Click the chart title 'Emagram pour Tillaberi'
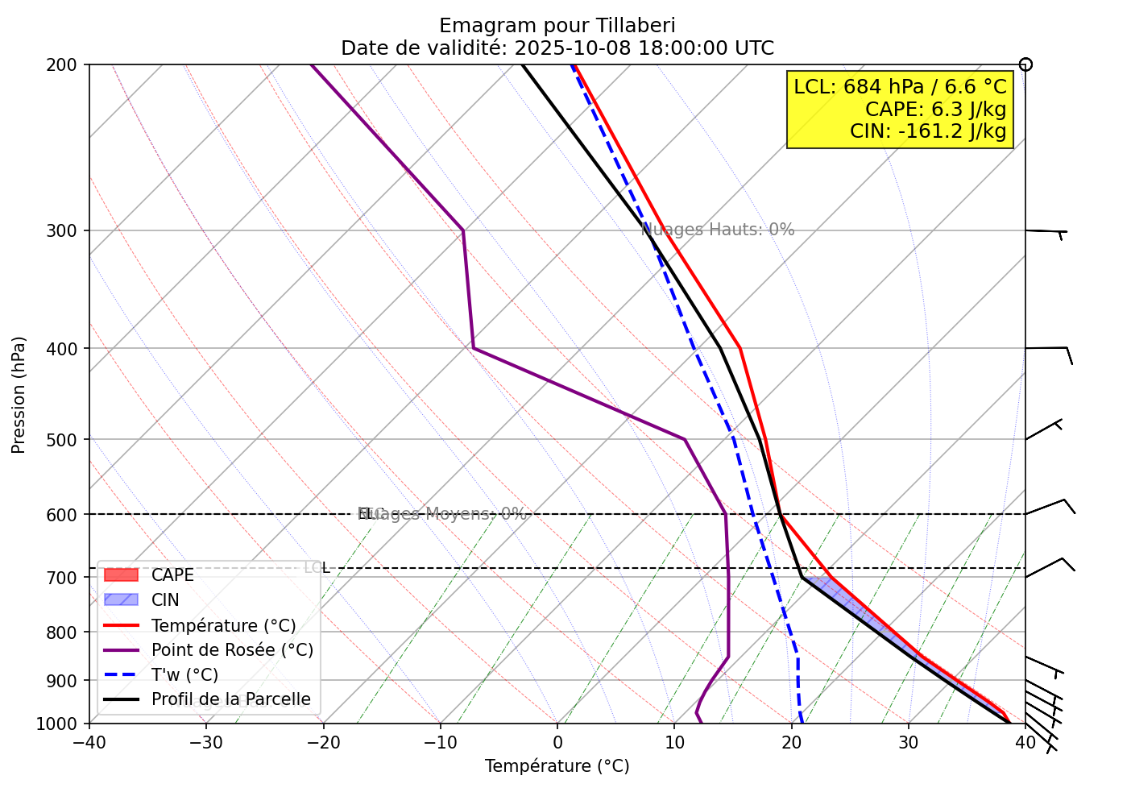pos(557,26)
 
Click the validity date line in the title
pos(557,48)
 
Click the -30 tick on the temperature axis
pos(205,741)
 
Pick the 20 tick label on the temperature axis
pos(791,741)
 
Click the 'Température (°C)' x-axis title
pos(557,766)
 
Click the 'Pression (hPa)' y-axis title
pos(19,395)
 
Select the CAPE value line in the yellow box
pos(935,110)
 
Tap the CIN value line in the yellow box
pos(928,131)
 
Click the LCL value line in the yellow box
pos(900,87)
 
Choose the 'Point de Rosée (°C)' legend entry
pos(232,650)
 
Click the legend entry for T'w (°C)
pos(184,675)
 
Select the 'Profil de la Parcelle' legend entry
pos(230,699)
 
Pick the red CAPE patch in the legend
pos(121,575)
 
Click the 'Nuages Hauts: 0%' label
pos(718,230)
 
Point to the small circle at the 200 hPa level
pos(1025,64)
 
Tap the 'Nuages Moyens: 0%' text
pos(442,514)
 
